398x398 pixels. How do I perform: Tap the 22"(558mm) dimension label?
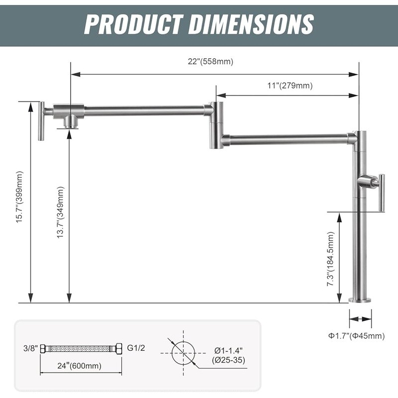210,61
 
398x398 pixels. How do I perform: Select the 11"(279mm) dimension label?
290,86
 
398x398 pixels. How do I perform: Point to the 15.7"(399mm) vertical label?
19,197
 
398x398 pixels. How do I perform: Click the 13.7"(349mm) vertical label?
60,212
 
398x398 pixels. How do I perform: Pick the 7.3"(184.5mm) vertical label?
330,259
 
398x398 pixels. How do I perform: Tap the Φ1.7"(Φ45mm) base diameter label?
357,336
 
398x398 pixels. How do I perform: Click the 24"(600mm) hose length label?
79,366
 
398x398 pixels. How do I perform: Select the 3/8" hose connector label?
30,348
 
